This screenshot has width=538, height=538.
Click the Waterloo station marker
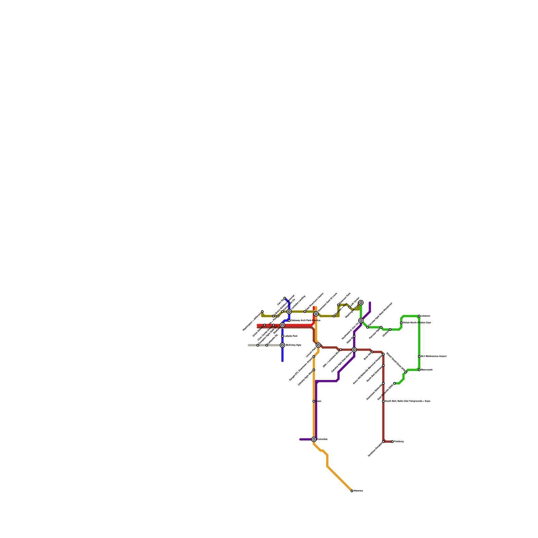pyautogui.click(x=352, y=491)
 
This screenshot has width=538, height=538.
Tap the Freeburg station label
pyautogui.click(x=399, y=441)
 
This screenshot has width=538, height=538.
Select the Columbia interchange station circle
pyautogui.click(x=314, y=439)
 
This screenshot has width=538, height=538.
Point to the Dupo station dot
pyautogui.click(x=314, y=401)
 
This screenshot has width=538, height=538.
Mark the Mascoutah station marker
pyautogui.click(x=419, y=370)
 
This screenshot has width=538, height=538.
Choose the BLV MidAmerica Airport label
pyautogui.click(x=434, y=356)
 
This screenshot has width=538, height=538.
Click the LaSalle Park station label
pyautogui.click(x=291, y=336)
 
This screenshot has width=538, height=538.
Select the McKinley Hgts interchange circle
pyautogui.click(x=282, y=345)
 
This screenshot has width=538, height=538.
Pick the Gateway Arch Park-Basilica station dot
pyautogui.click(x=289, y=320)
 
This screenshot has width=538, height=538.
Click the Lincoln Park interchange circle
pyautogui.click(x=318, y=345)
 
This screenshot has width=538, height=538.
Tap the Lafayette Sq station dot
pyautogui.click(x=267, y=345)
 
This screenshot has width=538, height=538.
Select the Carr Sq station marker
pyautogui.click(x=285, y=298)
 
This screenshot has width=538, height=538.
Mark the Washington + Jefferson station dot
pyautogui.click(x=262, y=312)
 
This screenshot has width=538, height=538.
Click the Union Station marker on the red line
pyautogui.click(x=265, y=325)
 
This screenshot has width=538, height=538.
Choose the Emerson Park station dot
pyautogui.click(x=338, y=305)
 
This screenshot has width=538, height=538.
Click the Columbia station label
pyautogui.click(x=322, y=439)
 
